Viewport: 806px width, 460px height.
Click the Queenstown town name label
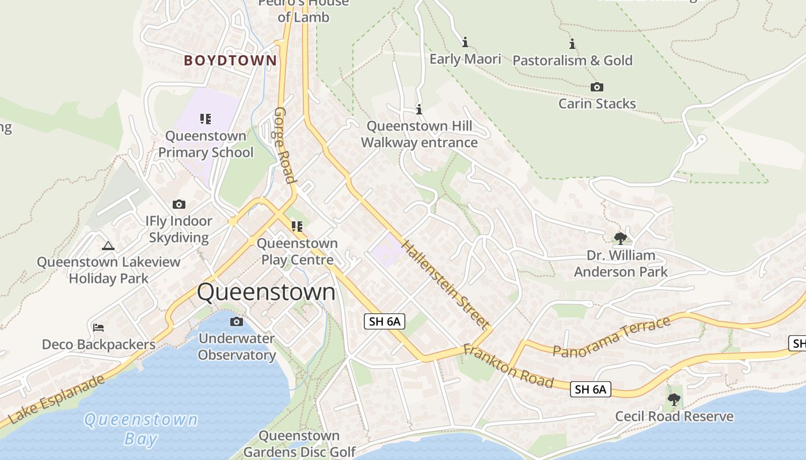(266, 292)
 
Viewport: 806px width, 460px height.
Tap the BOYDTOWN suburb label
(230, 60)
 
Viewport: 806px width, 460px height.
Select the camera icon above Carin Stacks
(597, 87)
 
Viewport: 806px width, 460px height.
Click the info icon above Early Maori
(465, 42)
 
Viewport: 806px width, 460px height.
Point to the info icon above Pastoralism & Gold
(572, 44)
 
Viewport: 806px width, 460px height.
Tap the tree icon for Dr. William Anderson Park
(620, 238)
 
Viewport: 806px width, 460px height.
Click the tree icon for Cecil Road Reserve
(674, 399)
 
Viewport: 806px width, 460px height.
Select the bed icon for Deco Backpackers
(98, 328)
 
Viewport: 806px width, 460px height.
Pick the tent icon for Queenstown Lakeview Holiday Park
(108, 246)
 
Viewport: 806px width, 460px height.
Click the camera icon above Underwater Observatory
(237, 321)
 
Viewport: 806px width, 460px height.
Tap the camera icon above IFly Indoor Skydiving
(179, 204)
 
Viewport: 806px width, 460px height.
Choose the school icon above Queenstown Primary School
(206, 119)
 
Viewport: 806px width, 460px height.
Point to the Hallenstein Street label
(444, 284)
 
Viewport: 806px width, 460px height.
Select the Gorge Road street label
(285, 145)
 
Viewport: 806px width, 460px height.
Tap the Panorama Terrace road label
(611, 336)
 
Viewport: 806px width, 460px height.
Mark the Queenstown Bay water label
(141, 429)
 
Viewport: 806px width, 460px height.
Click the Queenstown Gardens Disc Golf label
(299, 444)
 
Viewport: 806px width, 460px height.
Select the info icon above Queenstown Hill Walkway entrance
(419, 109)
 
